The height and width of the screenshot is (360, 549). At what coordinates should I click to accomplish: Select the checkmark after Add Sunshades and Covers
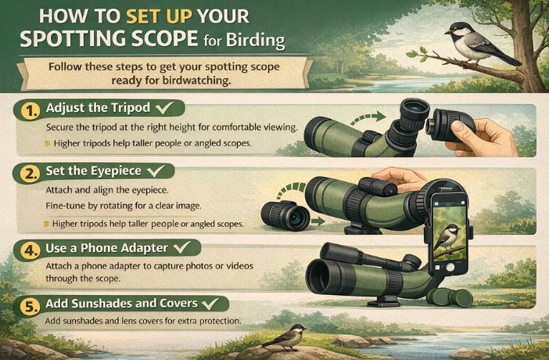210,302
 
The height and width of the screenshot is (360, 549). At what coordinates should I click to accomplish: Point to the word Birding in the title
260,40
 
